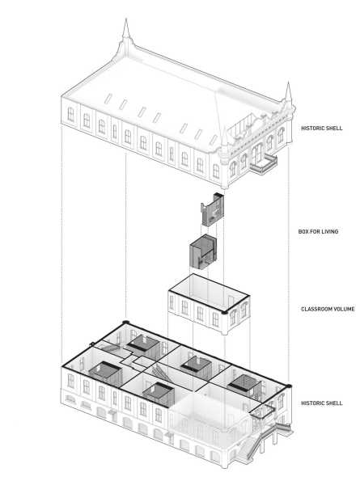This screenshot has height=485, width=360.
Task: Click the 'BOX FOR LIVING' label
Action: (x=318, y=231)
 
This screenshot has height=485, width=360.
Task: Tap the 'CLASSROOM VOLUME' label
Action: (x=328, y=309)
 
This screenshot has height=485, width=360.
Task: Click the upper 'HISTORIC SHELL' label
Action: (x=322, y=128)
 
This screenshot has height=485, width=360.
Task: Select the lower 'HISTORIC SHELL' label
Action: (x=322, y=403)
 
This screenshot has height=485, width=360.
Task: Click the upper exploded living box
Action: (x=212, y=209)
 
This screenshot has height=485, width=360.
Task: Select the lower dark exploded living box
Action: (x=203, y=251)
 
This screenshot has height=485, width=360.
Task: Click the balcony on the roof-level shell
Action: (x=264, y=164)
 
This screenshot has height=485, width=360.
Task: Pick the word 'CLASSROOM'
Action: (x=318, y=309)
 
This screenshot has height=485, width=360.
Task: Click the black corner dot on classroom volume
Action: (x=224, y=313)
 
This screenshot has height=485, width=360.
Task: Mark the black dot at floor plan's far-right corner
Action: (x=289, y=386)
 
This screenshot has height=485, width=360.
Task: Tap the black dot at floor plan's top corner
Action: (x=125, y=323)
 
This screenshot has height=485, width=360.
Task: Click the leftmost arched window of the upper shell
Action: (x=71, y=114)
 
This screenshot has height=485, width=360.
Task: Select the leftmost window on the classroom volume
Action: (x=172, y=303)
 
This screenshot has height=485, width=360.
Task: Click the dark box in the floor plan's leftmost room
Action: (x=106, y=373)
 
